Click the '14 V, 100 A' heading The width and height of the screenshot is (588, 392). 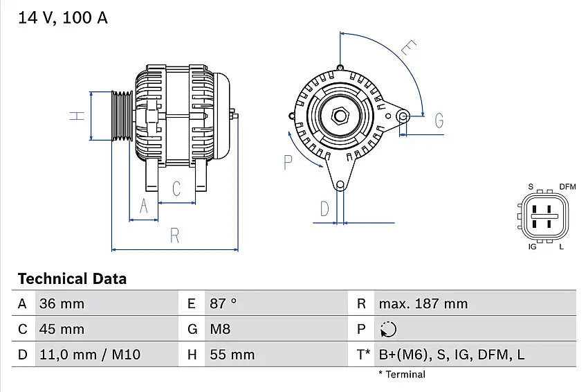pos(63,19)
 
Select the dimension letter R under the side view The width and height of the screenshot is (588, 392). pos(175,235)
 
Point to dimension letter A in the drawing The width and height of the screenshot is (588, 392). pos(144,206)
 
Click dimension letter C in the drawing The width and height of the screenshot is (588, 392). pos(176,188)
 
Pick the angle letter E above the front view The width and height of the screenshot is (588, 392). pos(410,48)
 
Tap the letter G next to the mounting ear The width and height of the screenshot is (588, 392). pos(439,121)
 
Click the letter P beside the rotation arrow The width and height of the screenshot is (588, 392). pos(288,163)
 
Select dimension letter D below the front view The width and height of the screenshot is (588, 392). pos(324,208)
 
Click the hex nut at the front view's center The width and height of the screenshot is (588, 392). pos(340,115)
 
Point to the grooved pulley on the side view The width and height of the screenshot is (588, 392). pos(122,116)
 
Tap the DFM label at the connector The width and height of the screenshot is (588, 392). pos(567,187)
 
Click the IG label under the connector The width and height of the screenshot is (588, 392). pos(533,247)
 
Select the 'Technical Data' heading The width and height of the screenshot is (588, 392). pos(72,279)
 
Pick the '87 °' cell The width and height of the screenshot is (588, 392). pos(223,303)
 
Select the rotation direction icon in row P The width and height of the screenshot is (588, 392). pos(388,329)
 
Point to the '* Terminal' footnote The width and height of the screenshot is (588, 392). pos(402,375)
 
